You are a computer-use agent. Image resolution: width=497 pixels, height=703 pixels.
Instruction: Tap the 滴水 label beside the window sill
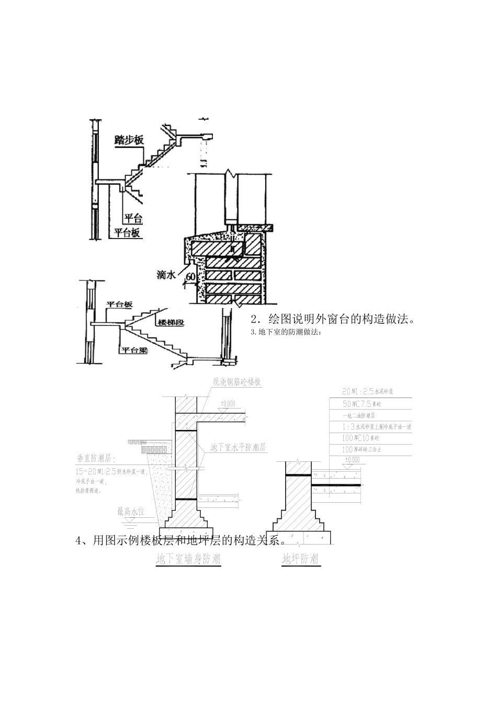coord(166,274)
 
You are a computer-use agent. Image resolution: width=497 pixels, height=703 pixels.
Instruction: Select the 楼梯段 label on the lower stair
coord(170,323)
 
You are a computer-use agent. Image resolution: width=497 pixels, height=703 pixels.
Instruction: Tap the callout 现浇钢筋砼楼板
coord(236,382)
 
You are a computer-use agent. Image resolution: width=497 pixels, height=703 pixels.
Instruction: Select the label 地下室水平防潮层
coord(238,448)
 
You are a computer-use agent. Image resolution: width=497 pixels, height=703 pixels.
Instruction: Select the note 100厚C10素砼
coord(362,438)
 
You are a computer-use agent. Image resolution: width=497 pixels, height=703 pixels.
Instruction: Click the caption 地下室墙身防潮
coord(188,559)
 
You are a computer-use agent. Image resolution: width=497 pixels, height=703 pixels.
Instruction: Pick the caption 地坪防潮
coord(300,559)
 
